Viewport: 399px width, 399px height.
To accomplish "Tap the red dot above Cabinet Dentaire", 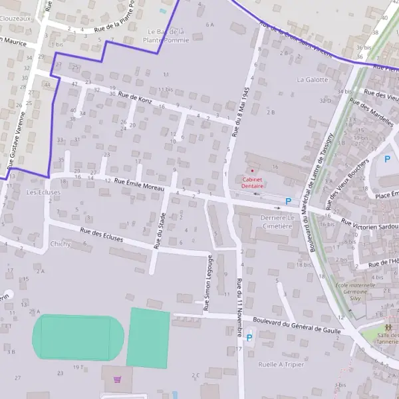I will tap(252, 171).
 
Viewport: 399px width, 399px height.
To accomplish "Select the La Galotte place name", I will tap(313, 79).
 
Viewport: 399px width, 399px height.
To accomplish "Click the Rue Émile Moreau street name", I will tap(139, 184).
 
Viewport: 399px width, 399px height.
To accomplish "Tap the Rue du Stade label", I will tap(160, 230).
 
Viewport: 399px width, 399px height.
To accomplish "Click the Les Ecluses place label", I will tap(43, 192).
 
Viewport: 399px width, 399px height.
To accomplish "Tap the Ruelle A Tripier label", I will tap(281, 364).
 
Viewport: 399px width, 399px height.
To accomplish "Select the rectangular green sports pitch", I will tap(148, 337).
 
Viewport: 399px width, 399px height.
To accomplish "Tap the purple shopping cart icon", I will tap(118, 380).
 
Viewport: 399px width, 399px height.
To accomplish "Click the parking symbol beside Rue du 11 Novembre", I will tap(249, 338).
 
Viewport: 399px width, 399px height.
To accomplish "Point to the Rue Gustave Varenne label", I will tap(16, 139).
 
